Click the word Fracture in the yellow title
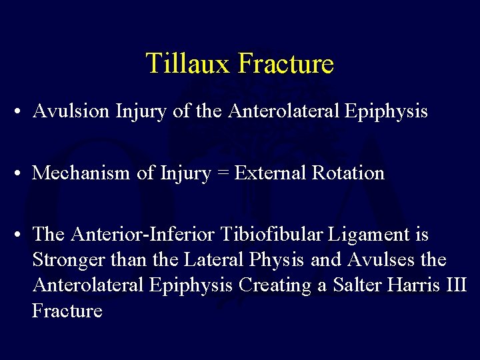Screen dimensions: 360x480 coord(285,64)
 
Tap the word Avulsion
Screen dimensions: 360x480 coord(71,111)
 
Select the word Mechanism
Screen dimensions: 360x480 coord(81,173)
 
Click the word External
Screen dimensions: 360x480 coord(270,173)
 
